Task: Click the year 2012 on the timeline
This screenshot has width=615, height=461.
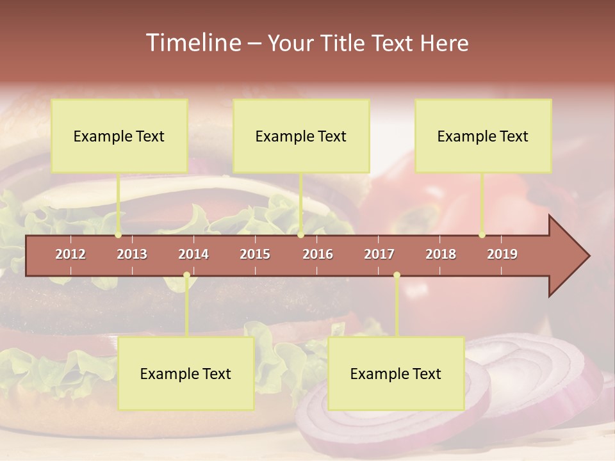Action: pyautogui.click(x=70, y=254)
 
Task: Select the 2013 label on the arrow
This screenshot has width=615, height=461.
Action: pyautogui.click(x=132, y=254)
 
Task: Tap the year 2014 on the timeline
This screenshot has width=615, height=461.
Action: pyautogui.click(x=193, y=254)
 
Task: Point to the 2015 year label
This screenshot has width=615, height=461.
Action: pyautogui.click(x=255, y=254)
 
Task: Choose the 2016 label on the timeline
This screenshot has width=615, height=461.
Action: pyautogui.click(x=318, y=254)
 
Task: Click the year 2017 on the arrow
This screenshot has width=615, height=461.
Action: pyautogui.click(x=379, y=254)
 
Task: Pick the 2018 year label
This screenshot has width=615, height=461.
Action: pyautogui.click(x=441, y=254)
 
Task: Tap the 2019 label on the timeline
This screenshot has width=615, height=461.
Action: pyautogui.click(x=502, y=254)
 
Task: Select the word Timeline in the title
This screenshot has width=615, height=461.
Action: pyautogui.click(x=193, y=43)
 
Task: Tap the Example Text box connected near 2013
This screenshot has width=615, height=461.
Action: pyautogui.click(x=119, y=136)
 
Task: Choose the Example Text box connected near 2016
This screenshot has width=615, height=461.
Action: pyautogui.click(x=301, y=136)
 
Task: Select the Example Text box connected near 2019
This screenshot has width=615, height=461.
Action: pyautogui.click(x=483, y=136)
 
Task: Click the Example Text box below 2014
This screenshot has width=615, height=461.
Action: pyautogui.click(x=186, y=373)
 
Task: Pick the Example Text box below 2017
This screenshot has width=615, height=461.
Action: pyautogui.click(x=396, y=373)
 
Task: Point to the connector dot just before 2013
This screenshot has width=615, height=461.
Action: pyautogui.click(x=119, y=235)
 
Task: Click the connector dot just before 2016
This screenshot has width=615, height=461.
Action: pyautogui.click(x=301, y=235)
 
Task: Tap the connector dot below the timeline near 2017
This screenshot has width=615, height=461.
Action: pyautogui.click(x=397, y=275)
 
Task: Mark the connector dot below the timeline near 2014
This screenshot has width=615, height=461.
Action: pyautogui.click(x=186, y=275)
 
